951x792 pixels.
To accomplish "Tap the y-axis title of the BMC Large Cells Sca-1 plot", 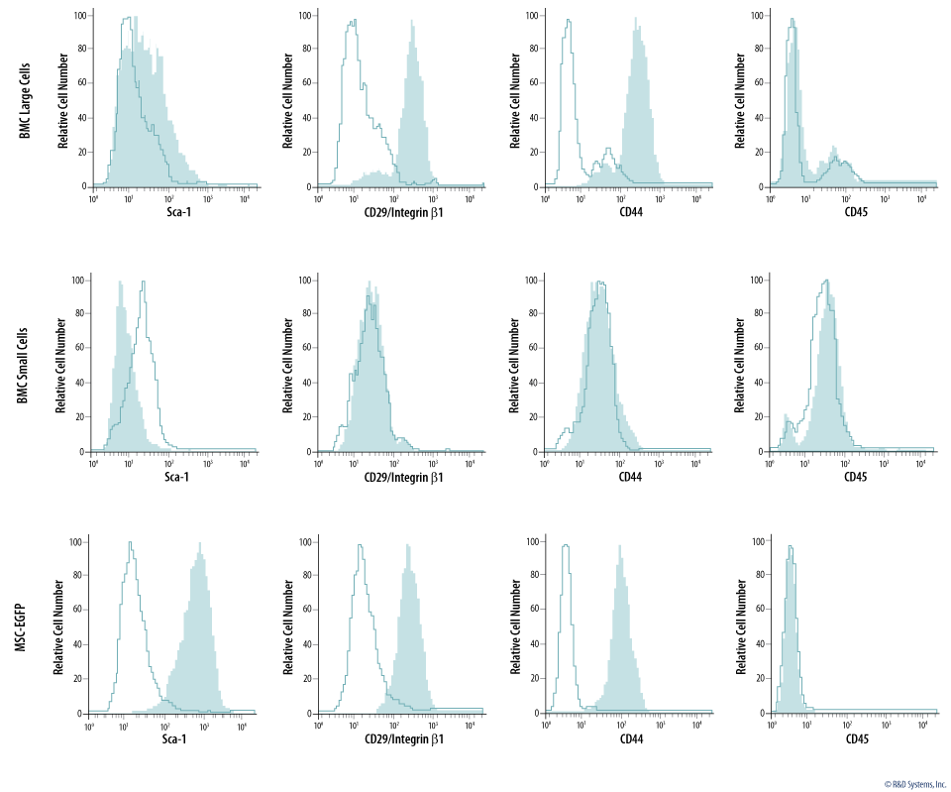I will pyautogui.click(x=63, y=99).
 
